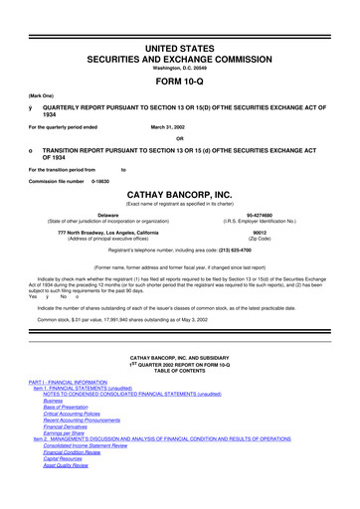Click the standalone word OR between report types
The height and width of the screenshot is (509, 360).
[180, 137]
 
